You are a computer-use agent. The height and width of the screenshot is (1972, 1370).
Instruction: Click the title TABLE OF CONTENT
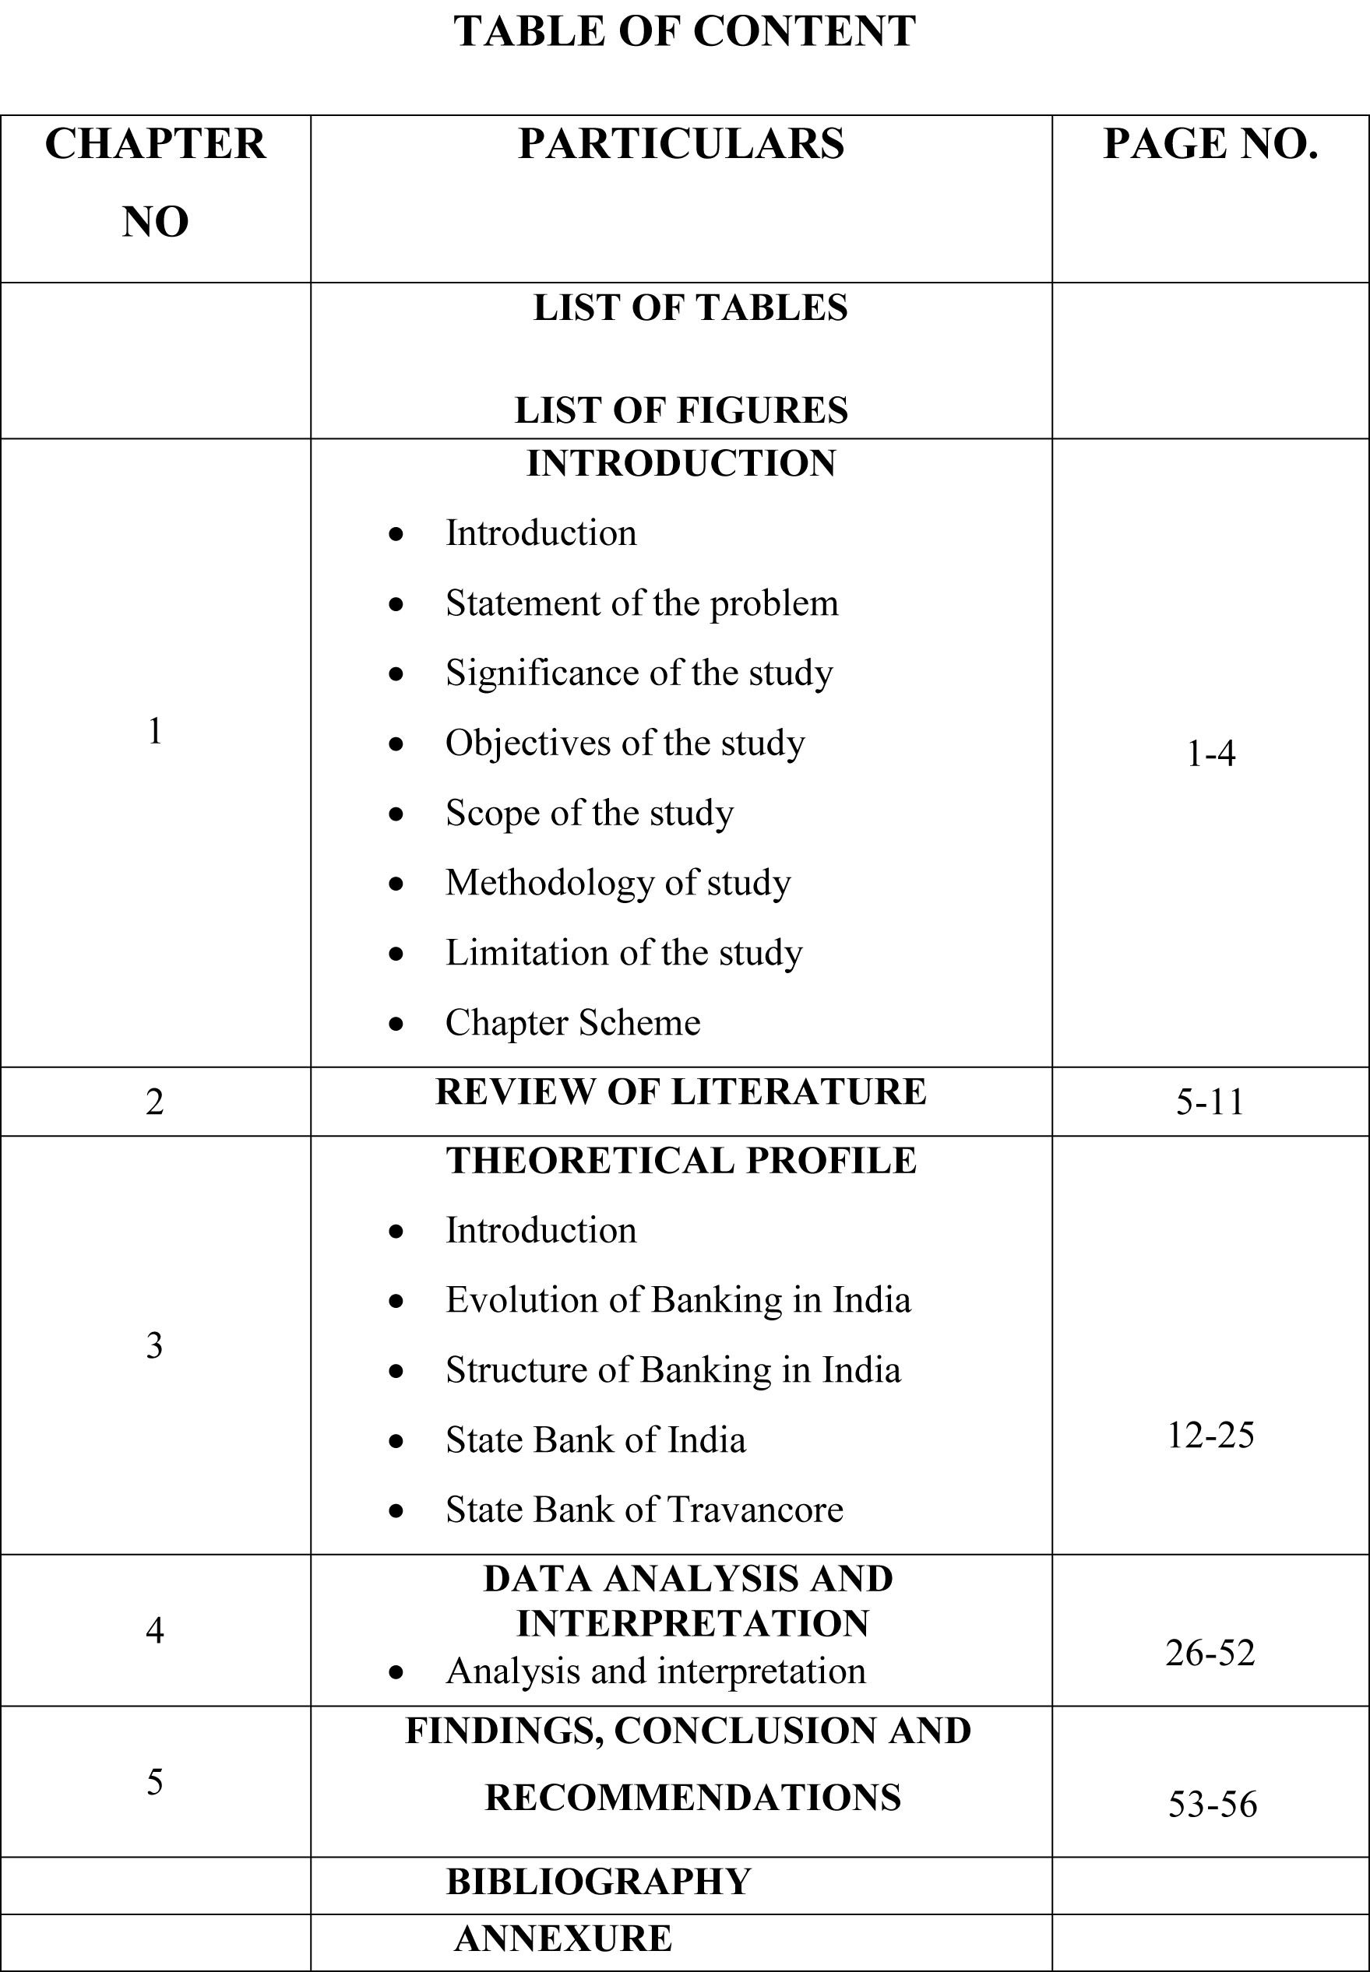684,32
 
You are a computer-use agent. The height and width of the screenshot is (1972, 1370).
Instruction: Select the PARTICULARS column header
681,143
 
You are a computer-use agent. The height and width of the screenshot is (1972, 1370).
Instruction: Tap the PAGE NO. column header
1210,143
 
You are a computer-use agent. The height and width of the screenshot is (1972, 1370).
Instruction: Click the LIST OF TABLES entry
690,308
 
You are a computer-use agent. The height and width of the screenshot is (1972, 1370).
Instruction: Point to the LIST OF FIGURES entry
681,410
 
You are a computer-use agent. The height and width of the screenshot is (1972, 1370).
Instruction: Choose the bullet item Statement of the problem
641,603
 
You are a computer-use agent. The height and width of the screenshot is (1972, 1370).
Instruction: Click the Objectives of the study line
625,743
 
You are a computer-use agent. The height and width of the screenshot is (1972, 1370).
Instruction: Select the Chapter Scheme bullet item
572,1023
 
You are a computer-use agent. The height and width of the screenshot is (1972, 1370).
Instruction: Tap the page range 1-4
1210,754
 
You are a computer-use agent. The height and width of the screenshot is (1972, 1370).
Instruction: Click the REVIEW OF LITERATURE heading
681,1092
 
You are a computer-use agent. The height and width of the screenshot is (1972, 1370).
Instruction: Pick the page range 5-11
1210,1102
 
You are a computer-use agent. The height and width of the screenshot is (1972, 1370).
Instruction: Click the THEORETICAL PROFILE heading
681,1161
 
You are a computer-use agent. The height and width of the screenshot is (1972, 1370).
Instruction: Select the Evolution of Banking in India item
678,1300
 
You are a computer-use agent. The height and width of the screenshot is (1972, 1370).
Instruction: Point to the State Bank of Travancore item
644,1510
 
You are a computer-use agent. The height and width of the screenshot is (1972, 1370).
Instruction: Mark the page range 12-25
1210,1435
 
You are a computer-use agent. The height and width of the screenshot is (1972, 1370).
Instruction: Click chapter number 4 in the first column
154,1629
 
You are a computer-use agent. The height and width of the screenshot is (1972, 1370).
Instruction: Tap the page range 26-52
1210,1653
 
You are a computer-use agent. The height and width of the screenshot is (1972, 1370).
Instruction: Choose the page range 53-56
1212,1805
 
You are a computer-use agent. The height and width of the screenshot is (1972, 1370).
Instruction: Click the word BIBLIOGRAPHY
598,1882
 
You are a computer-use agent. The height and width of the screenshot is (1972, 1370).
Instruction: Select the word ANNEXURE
563,1939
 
